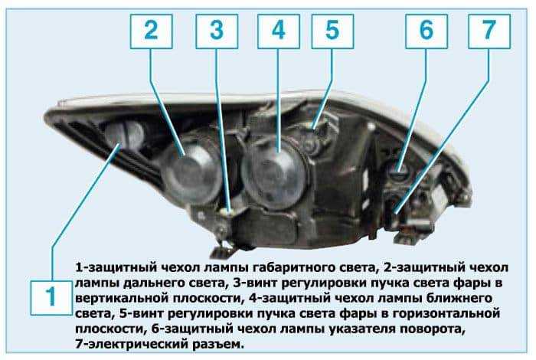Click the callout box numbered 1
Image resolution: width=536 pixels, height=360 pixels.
click(51, 296)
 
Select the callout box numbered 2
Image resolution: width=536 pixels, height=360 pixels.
click(151, 31)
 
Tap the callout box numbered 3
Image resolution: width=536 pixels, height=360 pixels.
click(217, 31)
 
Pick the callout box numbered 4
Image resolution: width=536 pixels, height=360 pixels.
click(279, 31)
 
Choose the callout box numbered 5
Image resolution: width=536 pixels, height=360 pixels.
click(332, 31)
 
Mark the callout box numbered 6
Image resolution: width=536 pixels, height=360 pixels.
click(427, 31)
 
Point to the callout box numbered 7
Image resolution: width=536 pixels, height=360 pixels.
click(489, 31)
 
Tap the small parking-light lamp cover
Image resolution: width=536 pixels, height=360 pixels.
click(124, 135)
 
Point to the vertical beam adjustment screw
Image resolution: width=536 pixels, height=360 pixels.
click(228, 213)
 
